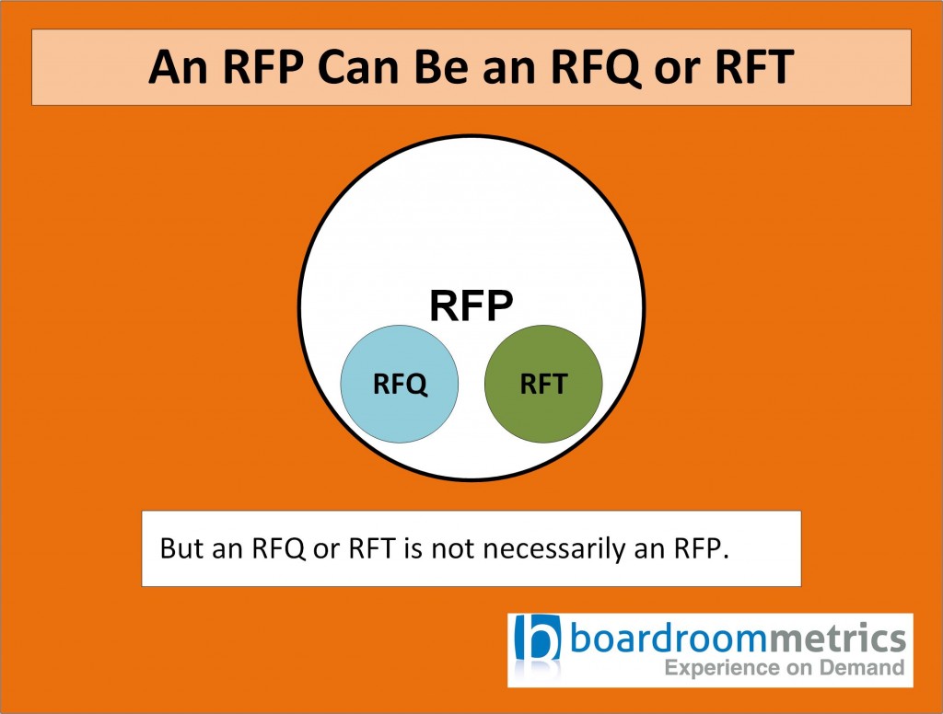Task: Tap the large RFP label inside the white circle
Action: pyautogui.click(x=471, y=306)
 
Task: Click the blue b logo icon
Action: pyautogui.click(x=538, y=647)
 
